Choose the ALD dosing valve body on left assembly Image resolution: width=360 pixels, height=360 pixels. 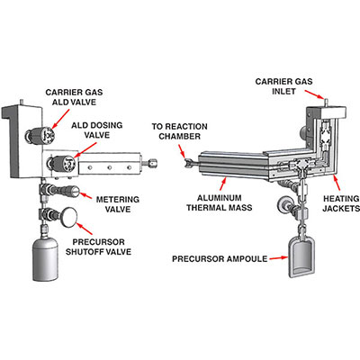pyautogui.click(x=65, y=163)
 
